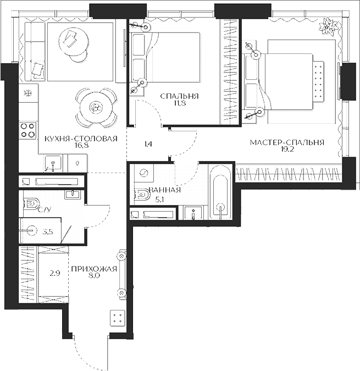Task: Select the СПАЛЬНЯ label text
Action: click(x=179, y=96)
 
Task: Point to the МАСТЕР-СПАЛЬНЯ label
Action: click(x=286, y=142)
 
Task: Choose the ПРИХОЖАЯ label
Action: click(x=94, y=269)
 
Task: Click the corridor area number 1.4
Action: click(x=148, y=145)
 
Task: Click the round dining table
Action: click(x=96, y=107)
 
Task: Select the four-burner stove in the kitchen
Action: click(x=27, y=130)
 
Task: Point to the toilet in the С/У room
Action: click(x=32, y=203)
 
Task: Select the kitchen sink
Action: click(x=53, y=163)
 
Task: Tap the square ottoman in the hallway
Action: click(x=117, y=317)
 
